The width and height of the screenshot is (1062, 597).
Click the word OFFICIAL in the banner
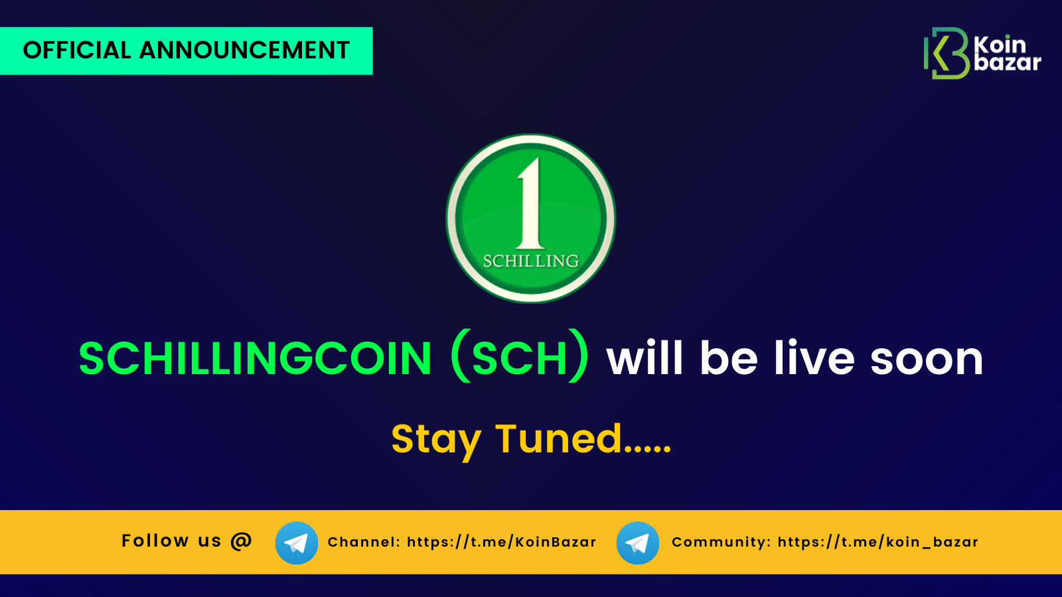tap(77, 50)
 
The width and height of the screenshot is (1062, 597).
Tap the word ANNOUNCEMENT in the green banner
tap(244, 50)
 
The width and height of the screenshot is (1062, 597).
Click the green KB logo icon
tap(947, 53)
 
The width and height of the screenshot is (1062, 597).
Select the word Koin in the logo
tap(1000, 46)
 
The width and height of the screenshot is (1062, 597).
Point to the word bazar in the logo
tap(1008, 62)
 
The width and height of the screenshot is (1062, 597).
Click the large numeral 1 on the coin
tap(530, 203)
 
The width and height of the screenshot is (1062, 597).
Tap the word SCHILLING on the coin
tap(531, 261)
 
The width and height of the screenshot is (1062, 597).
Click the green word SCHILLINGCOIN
tap(255, 359)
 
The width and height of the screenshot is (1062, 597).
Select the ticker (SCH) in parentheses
tap(520, 356)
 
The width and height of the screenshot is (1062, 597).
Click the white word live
tap(814, 358)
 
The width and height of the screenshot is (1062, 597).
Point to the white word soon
tap(927, 360)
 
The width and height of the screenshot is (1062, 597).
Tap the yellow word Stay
tap(436, 441)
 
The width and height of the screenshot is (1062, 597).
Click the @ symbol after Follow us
tap(242, 541)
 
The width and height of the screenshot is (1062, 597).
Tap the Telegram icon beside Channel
tap(297, 543)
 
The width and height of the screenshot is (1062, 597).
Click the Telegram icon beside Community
tap(638, 543)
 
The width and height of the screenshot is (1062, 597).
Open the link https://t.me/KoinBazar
tap(502, 542)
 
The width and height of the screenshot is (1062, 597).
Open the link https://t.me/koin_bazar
tap(878, 542)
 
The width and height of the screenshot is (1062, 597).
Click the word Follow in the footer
tap(155, 541)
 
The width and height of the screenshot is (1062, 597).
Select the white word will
tap(645, 358)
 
